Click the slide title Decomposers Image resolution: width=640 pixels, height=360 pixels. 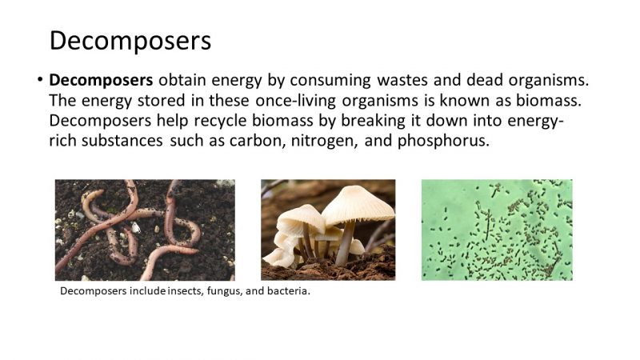(130, 40)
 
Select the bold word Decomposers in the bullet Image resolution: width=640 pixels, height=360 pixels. (101, 81)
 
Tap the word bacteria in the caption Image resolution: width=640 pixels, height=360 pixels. (288, 291)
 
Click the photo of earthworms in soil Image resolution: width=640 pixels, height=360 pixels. (145, 230)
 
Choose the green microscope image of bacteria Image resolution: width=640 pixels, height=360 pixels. (497, 230)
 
